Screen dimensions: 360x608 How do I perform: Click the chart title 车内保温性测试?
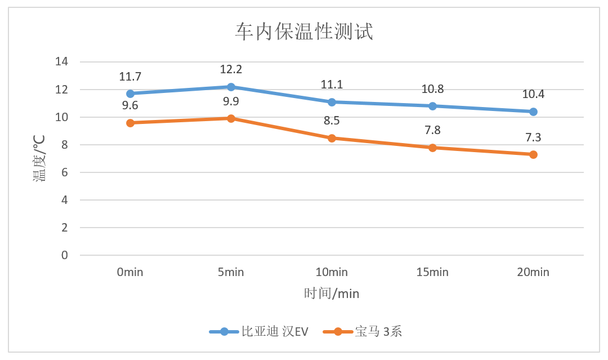pyautogui.click(x=303, y=32)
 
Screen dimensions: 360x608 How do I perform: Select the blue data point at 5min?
pyautogui.click(x=231, y=87)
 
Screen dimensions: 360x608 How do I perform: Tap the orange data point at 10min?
pyautogui.click(x=332, y=138)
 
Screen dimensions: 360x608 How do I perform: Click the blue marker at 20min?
pyautogui.click(x=533, y=112)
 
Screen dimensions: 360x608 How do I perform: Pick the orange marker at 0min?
pyautogui.click(x=130, y=123)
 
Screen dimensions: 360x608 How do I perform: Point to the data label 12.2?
pyautogui.click(x=231, y=69)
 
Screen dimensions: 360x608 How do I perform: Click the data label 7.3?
pyautogui.click(x=533, y=137)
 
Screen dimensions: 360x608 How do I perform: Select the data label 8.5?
pyautogui.click(x=332, y=121)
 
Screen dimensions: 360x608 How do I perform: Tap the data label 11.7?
pyautogui.click(x=130, y=77)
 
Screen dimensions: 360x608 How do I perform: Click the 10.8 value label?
pyautogui.click(x=432, y=89)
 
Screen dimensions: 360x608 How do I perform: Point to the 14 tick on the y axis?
pyautogui.click(x=61, y=62)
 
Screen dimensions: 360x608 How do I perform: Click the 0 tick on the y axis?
pyautogui.click(x=64, y=255)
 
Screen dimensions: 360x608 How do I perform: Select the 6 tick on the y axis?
pyautogui.click(x=64, y=172)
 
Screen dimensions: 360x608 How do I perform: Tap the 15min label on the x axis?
pyautogui.click(x=432, y=273)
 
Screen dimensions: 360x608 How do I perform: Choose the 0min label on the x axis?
pyautogui.click(x=130, y=273)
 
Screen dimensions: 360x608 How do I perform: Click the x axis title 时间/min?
pyautogui.click(x=332, y=294)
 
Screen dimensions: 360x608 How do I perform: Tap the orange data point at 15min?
pyautogui.click(x=432, y=148)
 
